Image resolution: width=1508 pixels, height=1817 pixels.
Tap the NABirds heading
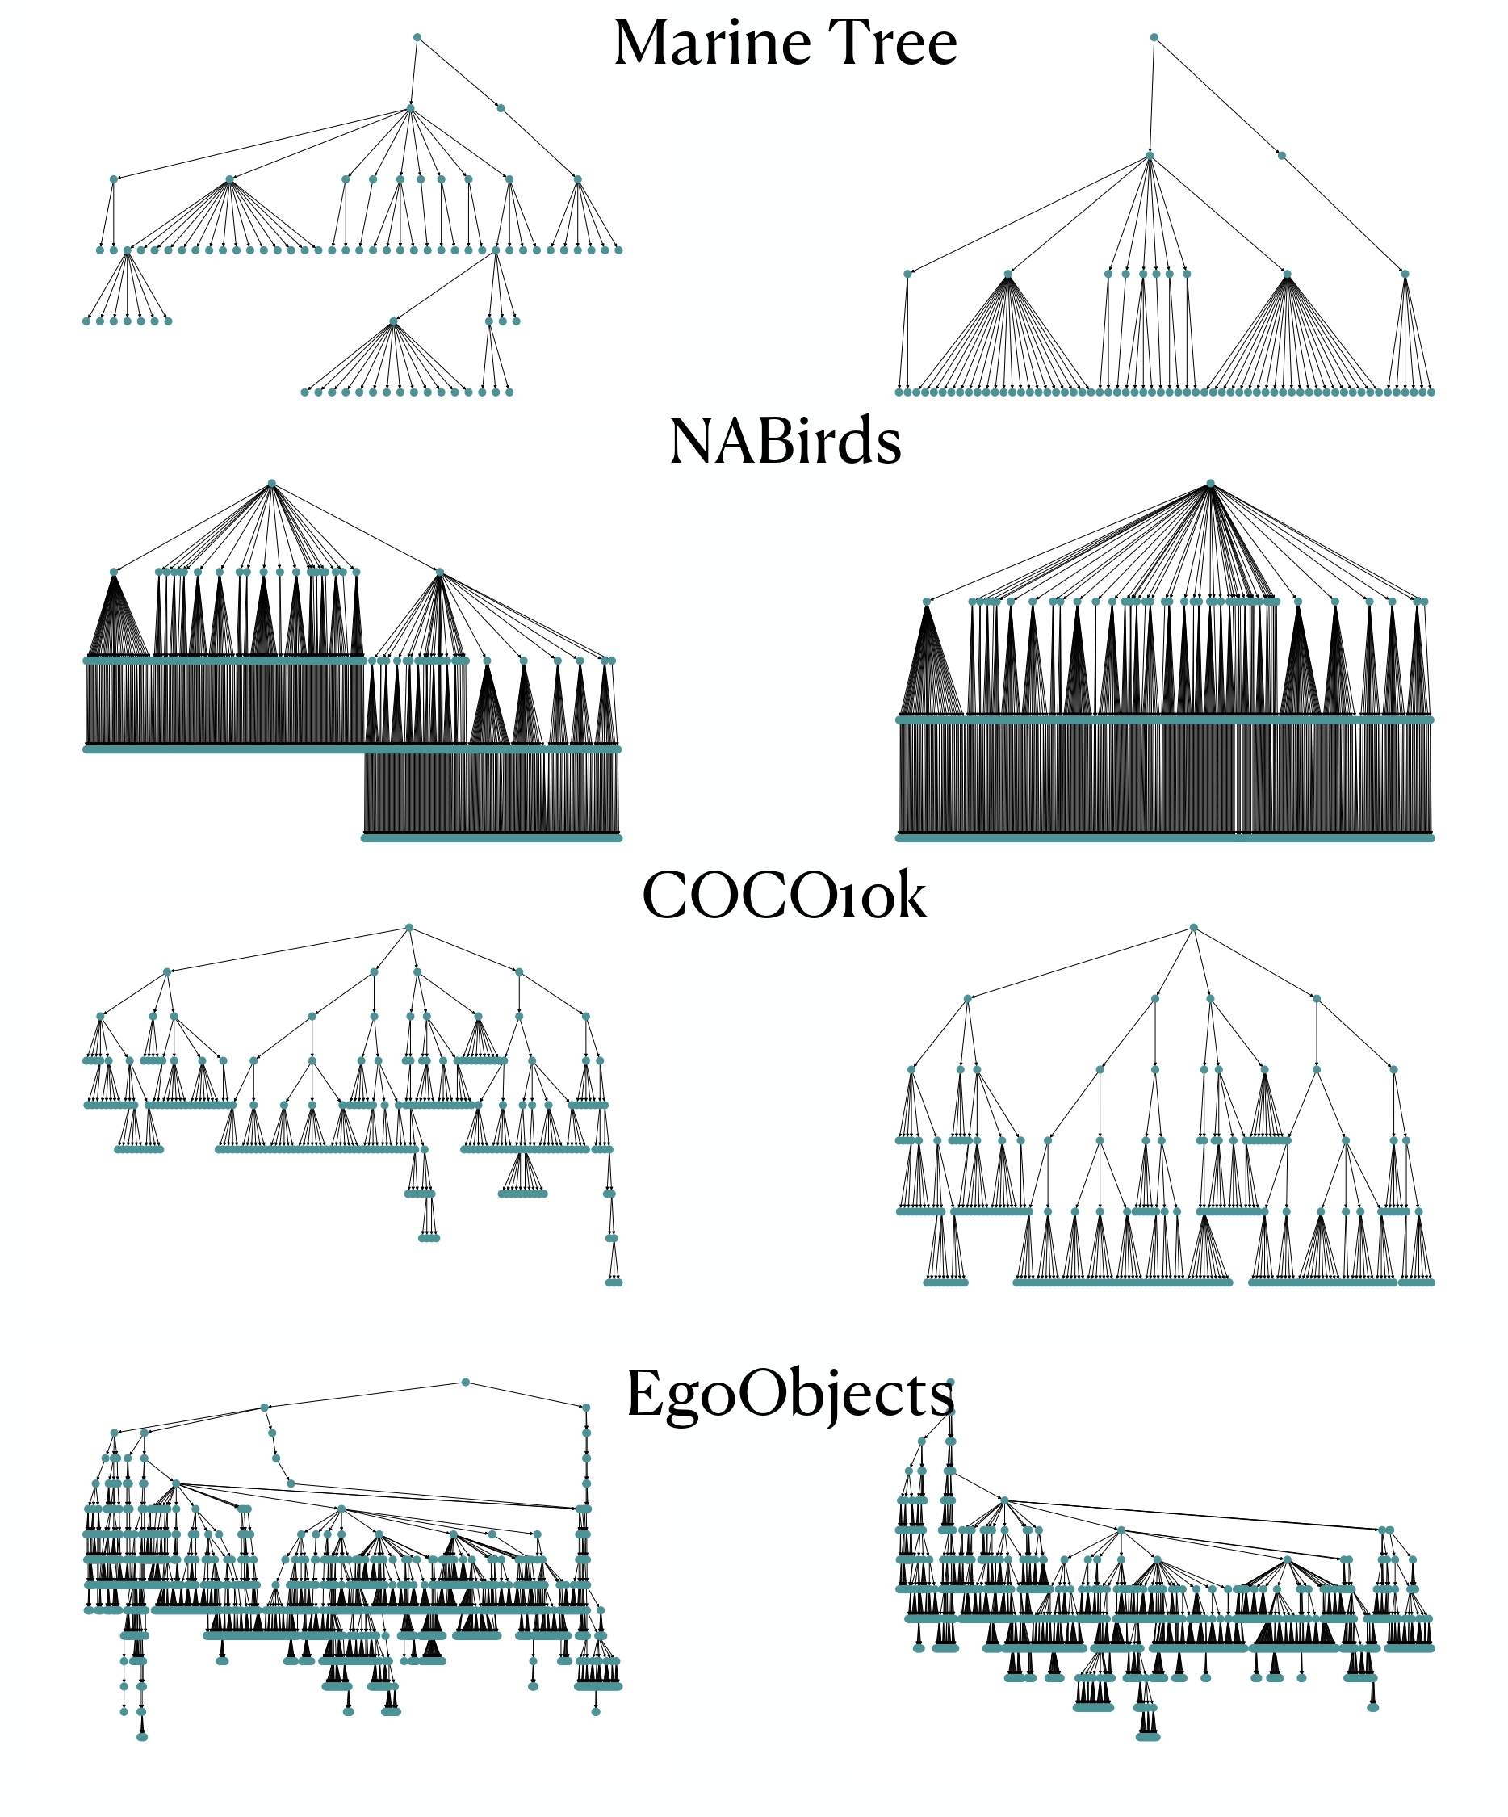tap(785, 441)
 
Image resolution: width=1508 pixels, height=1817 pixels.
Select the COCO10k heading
tap(784, 896)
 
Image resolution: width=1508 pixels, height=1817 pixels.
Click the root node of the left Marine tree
tap(417, 37)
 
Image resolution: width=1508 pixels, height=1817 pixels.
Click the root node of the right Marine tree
tap(1154, 37)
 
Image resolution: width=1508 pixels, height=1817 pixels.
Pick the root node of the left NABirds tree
tap(272, 483)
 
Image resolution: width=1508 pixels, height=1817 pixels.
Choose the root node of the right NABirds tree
tap(1209, 483)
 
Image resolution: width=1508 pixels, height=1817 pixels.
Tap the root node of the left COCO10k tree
tap(409, 928)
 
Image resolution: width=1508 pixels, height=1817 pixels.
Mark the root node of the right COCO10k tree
tap(1193, 928)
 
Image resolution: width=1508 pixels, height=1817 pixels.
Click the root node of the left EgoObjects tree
tap(466, 1383)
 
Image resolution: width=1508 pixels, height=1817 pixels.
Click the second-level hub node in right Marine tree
tap(1150, 156)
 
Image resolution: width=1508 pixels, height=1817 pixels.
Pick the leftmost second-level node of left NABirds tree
tap(113, 572)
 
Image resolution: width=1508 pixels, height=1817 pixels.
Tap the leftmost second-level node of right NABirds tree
tap(927, 602)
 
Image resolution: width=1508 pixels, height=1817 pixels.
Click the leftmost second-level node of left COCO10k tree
tap(167, 971)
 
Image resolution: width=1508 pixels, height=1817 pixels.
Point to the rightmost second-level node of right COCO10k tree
tap(1316, 998)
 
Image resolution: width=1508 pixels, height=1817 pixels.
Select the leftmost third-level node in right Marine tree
tap(907, 275)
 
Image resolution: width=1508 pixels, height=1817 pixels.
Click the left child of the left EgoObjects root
tap(265, 1408)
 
